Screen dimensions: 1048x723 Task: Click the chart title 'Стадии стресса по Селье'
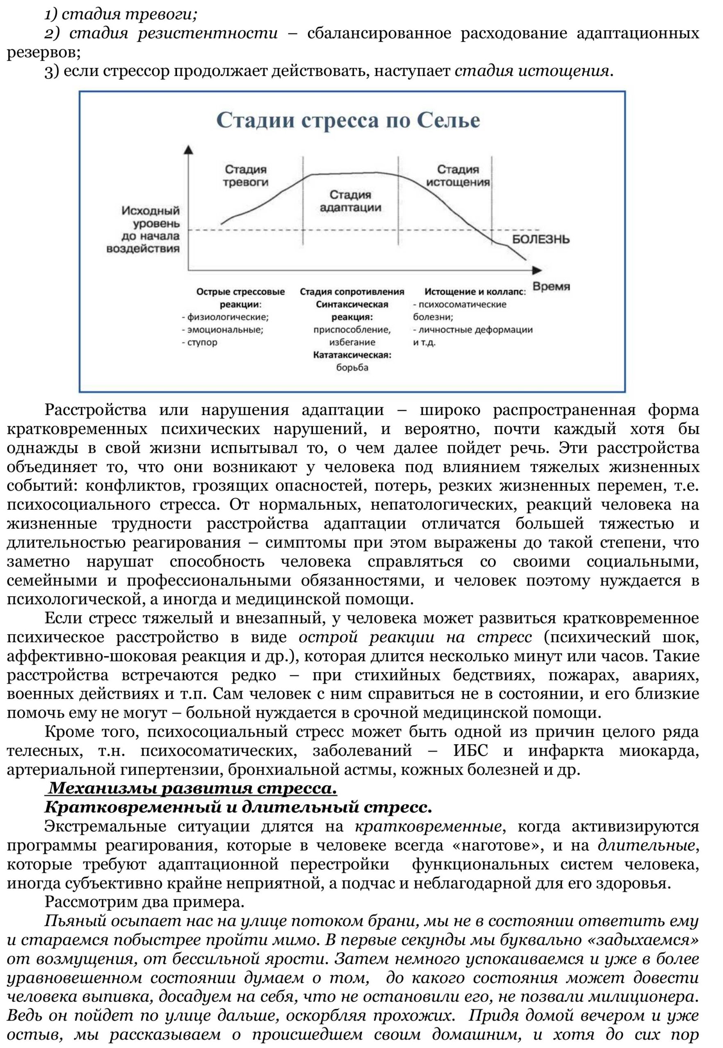(348, 121)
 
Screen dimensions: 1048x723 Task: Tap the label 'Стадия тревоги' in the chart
(246, 176)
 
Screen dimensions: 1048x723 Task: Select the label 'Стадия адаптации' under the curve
(350, 201)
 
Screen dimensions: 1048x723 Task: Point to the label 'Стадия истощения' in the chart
(458, 176)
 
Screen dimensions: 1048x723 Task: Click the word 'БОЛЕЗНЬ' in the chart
(540, 239)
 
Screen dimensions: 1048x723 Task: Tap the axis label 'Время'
(551, 287)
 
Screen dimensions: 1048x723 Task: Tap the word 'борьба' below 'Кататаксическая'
(352, 368)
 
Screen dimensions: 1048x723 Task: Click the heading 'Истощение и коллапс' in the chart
(474, 292)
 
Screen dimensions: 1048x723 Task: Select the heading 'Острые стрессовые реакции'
(240, 298)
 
